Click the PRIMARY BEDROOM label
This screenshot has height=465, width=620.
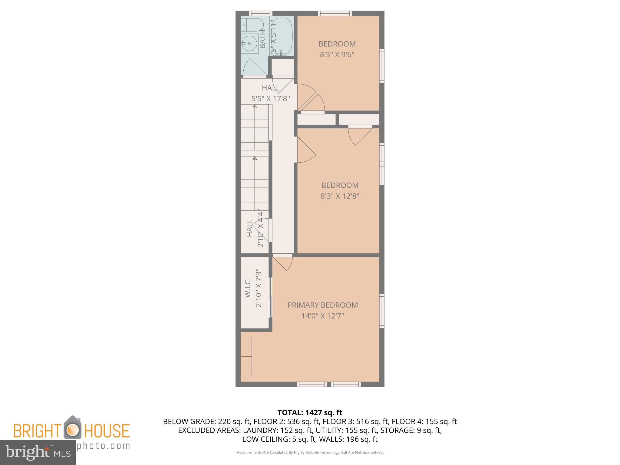[322, 305]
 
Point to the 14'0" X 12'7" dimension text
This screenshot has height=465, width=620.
[322, 316]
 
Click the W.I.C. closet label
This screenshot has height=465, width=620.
[248, 288]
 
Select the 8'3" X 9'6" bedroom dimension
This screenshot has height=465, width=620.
[337, 55]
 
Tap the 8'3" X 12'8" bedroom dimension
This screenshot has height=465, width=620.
[340, 196]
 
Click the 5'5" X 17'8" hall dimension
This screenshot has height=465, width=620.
[271, 99]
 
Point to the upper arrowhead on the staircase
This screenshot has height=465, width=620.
[255, 107]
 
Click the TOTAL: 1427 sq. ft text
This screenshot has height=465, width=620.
[310, 413]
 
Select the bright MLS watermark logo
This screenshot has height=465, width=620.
[38, 453]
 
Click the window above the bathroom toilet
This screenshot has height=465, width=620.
[260, 13]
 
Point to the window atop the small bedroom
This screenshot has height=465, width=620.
[335, 13]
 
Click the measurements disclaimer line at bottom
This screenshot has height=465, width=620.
[310, 453]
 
